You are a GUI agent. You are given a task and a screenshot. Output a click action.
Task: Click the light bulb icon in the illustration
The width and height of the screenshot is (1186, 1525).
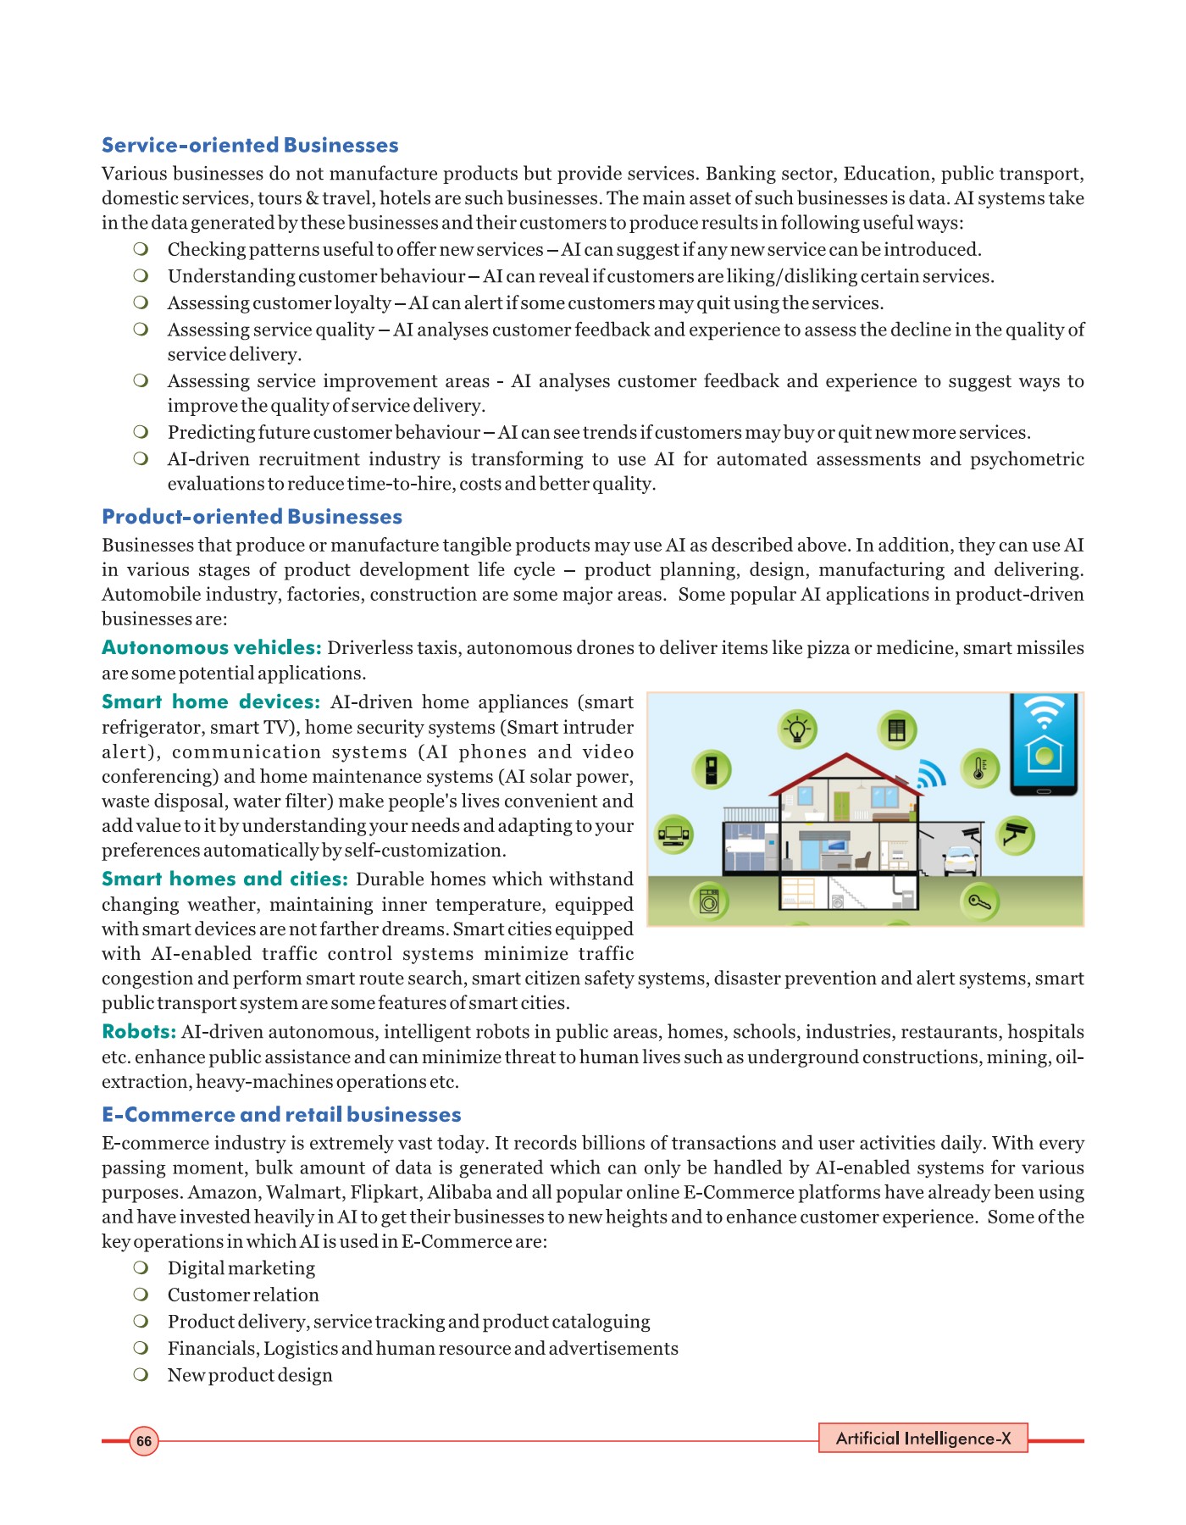[x=797, y=729]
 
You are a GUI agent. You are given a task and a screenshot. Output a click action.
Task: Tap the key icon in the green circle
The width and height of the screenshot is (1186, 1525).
[x=980, y=901]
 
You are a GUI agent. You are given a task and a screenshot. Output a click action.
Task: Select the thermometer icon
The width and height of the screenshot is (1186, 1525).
[x=980, y=768]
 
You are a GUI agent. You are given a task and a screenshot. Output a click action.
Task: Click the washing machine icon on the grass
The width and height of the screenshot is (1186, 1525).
[x=709, y=901]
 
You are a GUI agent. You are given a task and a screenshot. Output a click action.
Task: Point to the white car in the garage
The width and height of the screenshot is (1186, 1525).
[x=961, y=861]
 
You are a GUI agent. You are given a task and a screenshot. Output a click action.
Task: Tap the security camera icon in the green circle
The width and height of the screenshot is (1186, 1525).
[x=1014, y=835]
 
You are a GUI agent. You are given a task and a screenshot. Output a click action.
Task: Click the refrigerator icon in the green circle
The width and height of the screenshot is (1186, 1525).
[x=712, y=769]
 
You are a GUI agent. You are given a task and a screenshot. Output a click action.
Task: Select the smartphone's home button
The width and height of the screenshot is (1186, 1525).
[x=1044, y=790]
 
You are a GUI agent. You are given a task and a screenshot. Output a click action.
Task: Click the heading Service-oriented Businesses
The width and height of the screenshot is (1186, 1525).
[x=250, y=146]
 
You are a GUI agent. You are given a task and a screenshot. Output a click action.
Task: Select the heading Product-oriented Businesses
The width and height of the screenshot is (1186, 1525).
[x=252, y=517]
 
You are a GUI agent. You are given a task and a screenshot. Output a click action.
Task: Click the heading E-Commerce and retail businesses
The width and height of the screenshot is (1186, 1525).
[x=281, y=1115]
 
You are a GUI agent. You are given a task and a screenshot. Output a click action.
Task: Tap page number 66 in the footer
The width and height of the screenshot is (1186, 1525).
[x=144, y=1441]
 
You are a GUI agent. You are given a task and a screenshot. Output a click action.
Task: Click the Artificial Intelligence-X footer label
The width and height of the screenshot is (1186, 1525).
[x=923, y=1439]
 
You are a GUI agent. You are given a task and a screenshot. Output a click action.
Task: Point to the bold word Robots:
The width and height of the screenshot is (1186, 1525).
[x=139, y=1032]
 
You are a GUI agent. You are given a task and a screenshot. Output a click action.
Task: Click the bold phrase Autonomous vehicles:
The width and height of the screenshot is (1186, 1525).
[x=211, y=648]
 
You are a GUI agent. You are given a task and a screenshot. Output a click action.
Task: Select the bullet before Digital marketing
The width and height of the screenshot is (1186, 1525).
[x=141, y=1268]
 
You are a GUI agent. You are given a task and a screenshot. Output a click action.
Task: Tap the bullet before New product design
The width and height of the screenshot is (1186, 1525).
[x=141, y=1375]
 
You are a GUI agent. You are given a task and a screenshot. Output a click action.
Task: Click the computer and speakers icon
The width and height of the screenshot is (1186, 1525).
[x=675, y=835]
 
